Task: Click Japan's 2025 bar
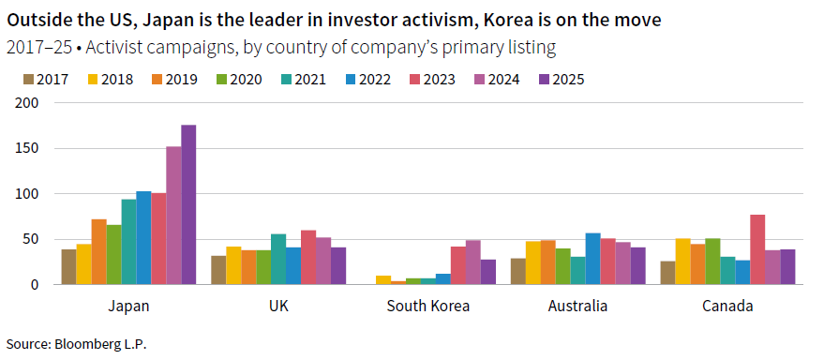pyautogui.click(x=188, y=204)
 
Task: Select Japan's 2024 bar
pyautogui.click(x=173, y=215)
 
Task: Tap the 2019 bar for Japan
pyautogui.click(x=98, y=251)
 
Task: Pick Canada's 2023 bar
pyautogui.click(x=757, y=249)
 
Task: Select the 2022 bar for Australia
pyautogui.click(x=592, y=259)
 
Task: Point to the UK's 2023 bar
pyautogui.click(x=308, y=257)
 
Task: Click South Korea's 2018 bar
pyautogui.click(x=382, y=279)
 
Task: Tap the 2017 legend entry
pyautogui.click(x=46, y=79)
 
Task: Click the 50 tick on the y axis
pyautogui.click(x=32, y=239)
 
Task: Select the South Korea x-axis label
pyautogui.click(x=427, y=306)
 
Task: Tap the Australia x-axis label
pyautogui.click(x=577, y=306)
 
